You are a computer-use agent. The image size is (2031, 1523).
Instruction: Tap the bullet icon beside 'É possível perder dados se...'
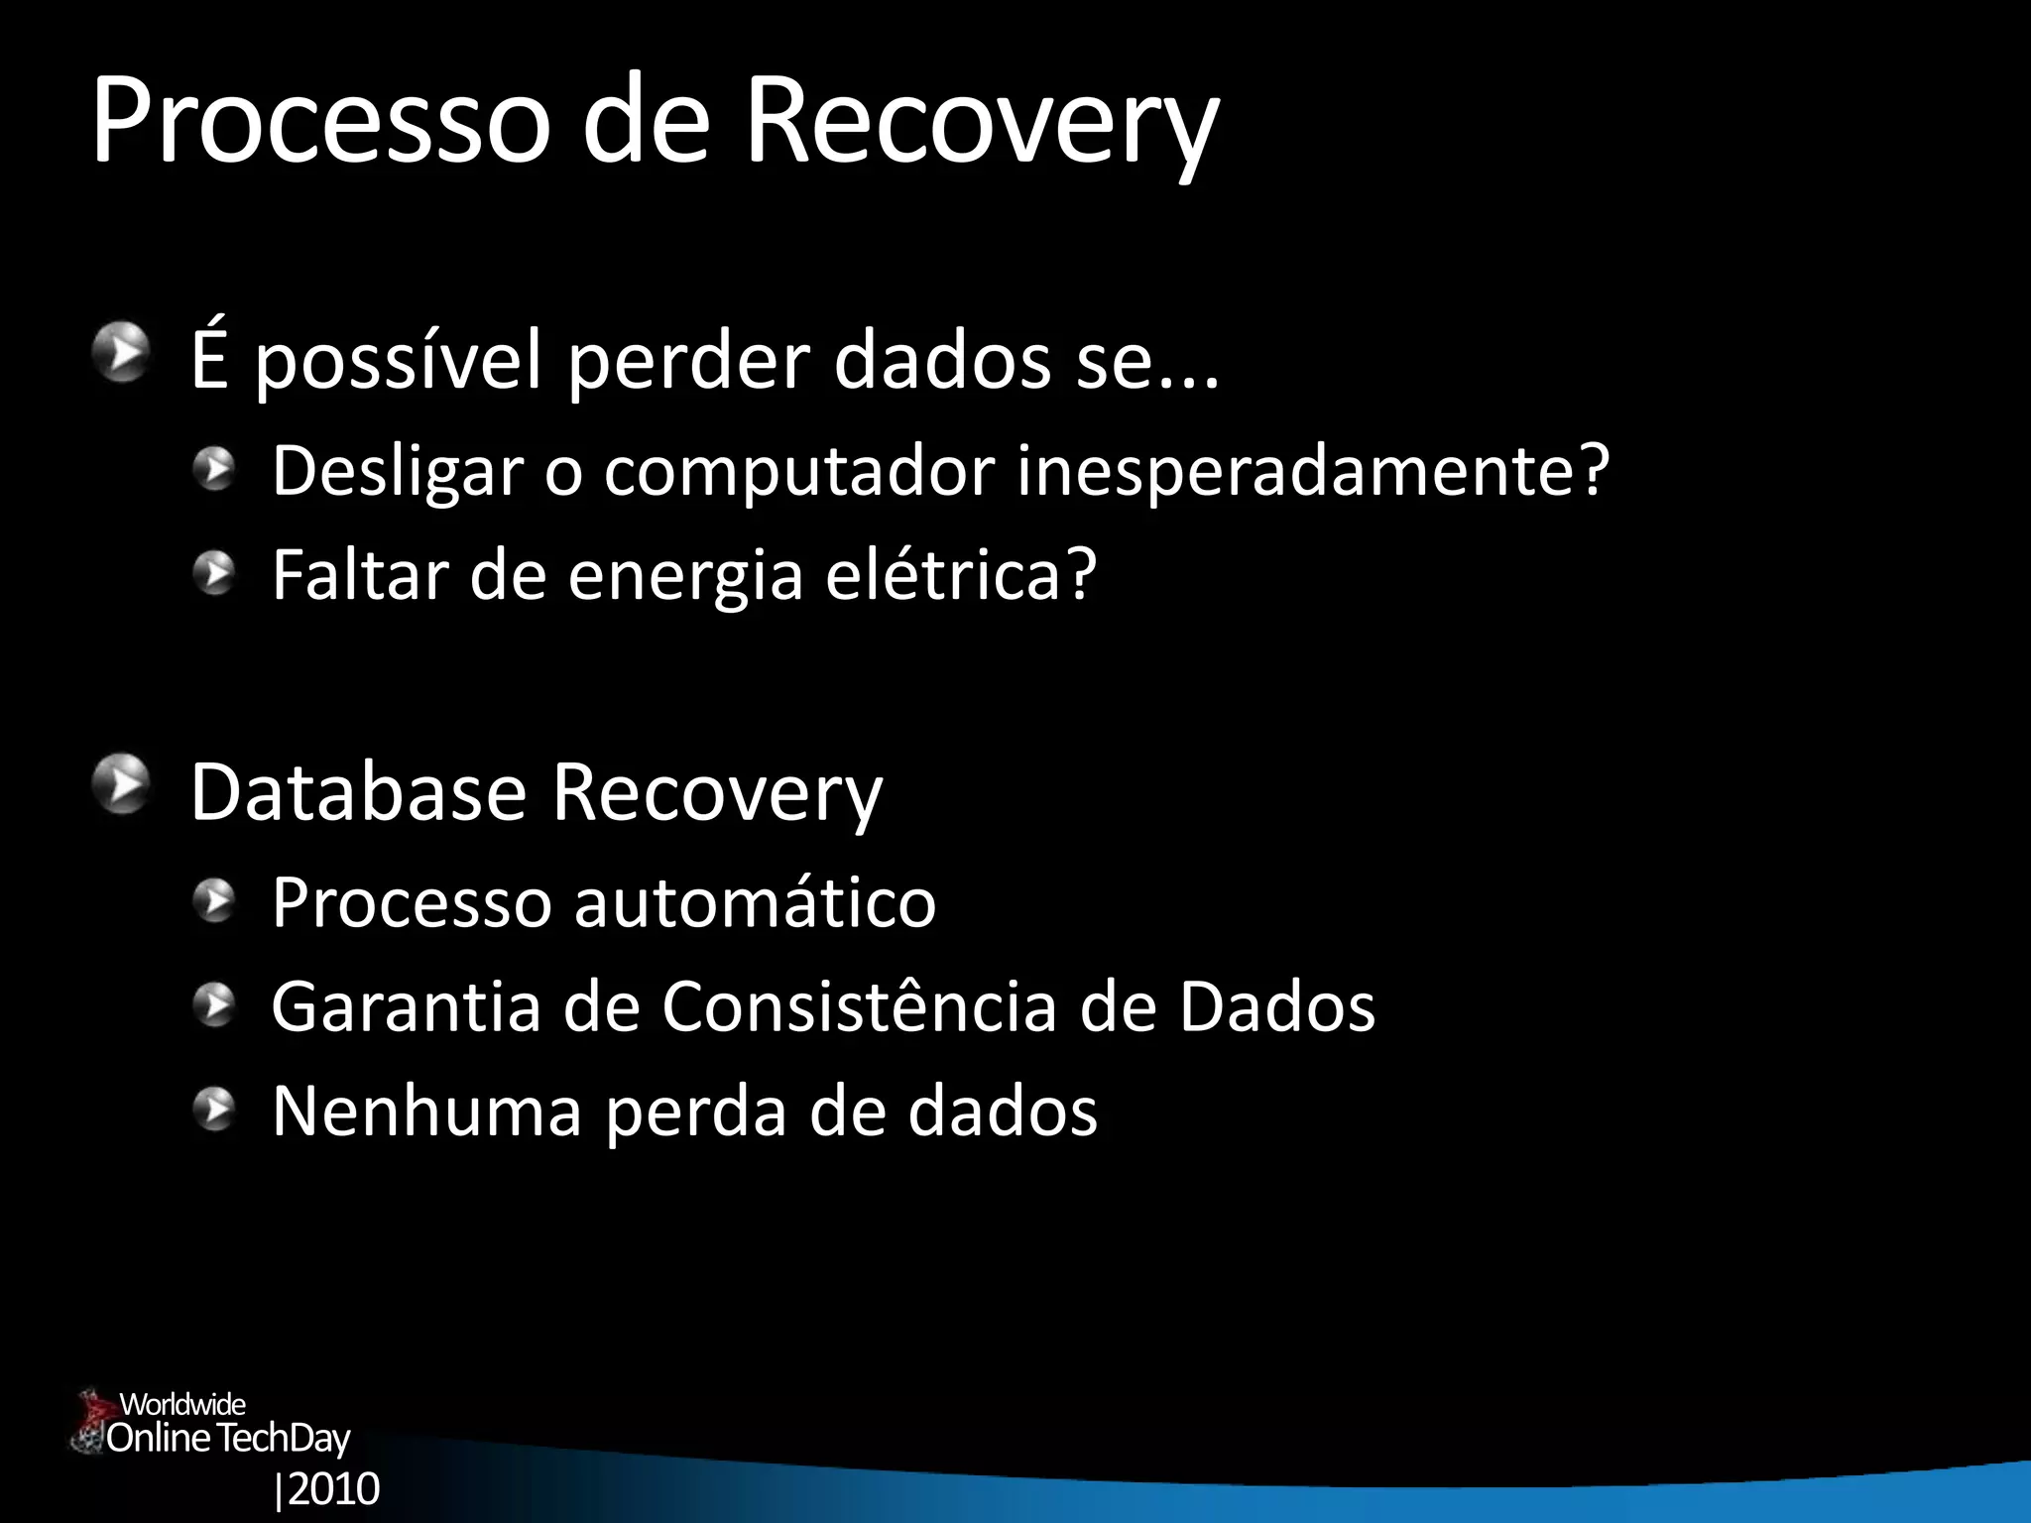click(x=123, y=354)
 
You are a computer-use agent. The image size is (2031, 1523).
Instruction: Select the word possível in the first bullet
click(x=398, y=362)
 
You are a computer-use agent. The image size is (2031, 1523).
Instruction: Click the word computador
click(x=799, y=472)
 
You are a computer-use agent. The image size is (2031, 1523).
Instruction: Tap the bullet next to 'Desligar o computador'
click(x=214, y=468)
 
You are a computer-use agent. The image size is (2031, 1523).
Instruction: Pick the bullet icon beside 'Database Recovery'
click(x=123, y=783)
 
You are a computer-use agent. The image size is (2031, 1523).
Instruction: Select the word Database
click(x=358, y=792)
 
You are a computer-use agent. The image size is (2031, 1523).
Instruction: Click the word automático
click(x=755, y=902)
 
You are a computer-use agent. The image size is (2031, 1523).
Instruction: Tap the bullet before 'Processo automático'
click(x=214, y=901)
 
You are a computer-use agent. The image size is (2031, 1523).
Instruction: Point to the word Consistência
click(x=859, y=1006)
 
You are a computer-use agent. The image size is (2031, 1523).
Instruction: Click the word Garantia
click(x=406, y=1006)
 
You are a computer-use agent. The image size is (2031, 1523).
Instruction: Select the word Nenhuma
click(x=426, y=1111)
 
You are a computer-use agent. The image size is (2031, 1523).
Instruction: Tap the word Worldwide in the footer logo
click(x=182, y=1404)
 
